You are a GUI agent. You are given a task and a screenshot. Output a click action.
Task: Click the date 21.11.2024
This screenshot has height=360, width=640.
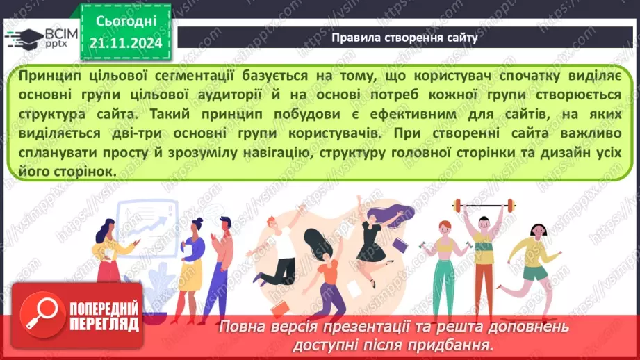[x=125, y=43]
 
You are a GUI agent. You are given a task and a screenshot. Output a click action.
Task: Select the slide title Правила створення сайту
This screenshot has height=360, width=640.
[x=404, y=38]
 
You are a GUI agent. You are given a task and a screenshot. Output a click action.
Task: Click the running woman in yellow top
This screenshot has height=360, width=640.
[x=536, y=259]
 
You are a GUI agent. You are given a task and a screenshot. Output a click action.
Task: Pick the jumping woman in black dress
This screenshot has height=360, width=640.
[x=379, y=229]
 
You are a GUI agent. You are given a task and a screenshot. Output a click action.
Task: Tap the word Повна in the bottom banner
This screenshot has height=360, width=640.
[x=240, y=327]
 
